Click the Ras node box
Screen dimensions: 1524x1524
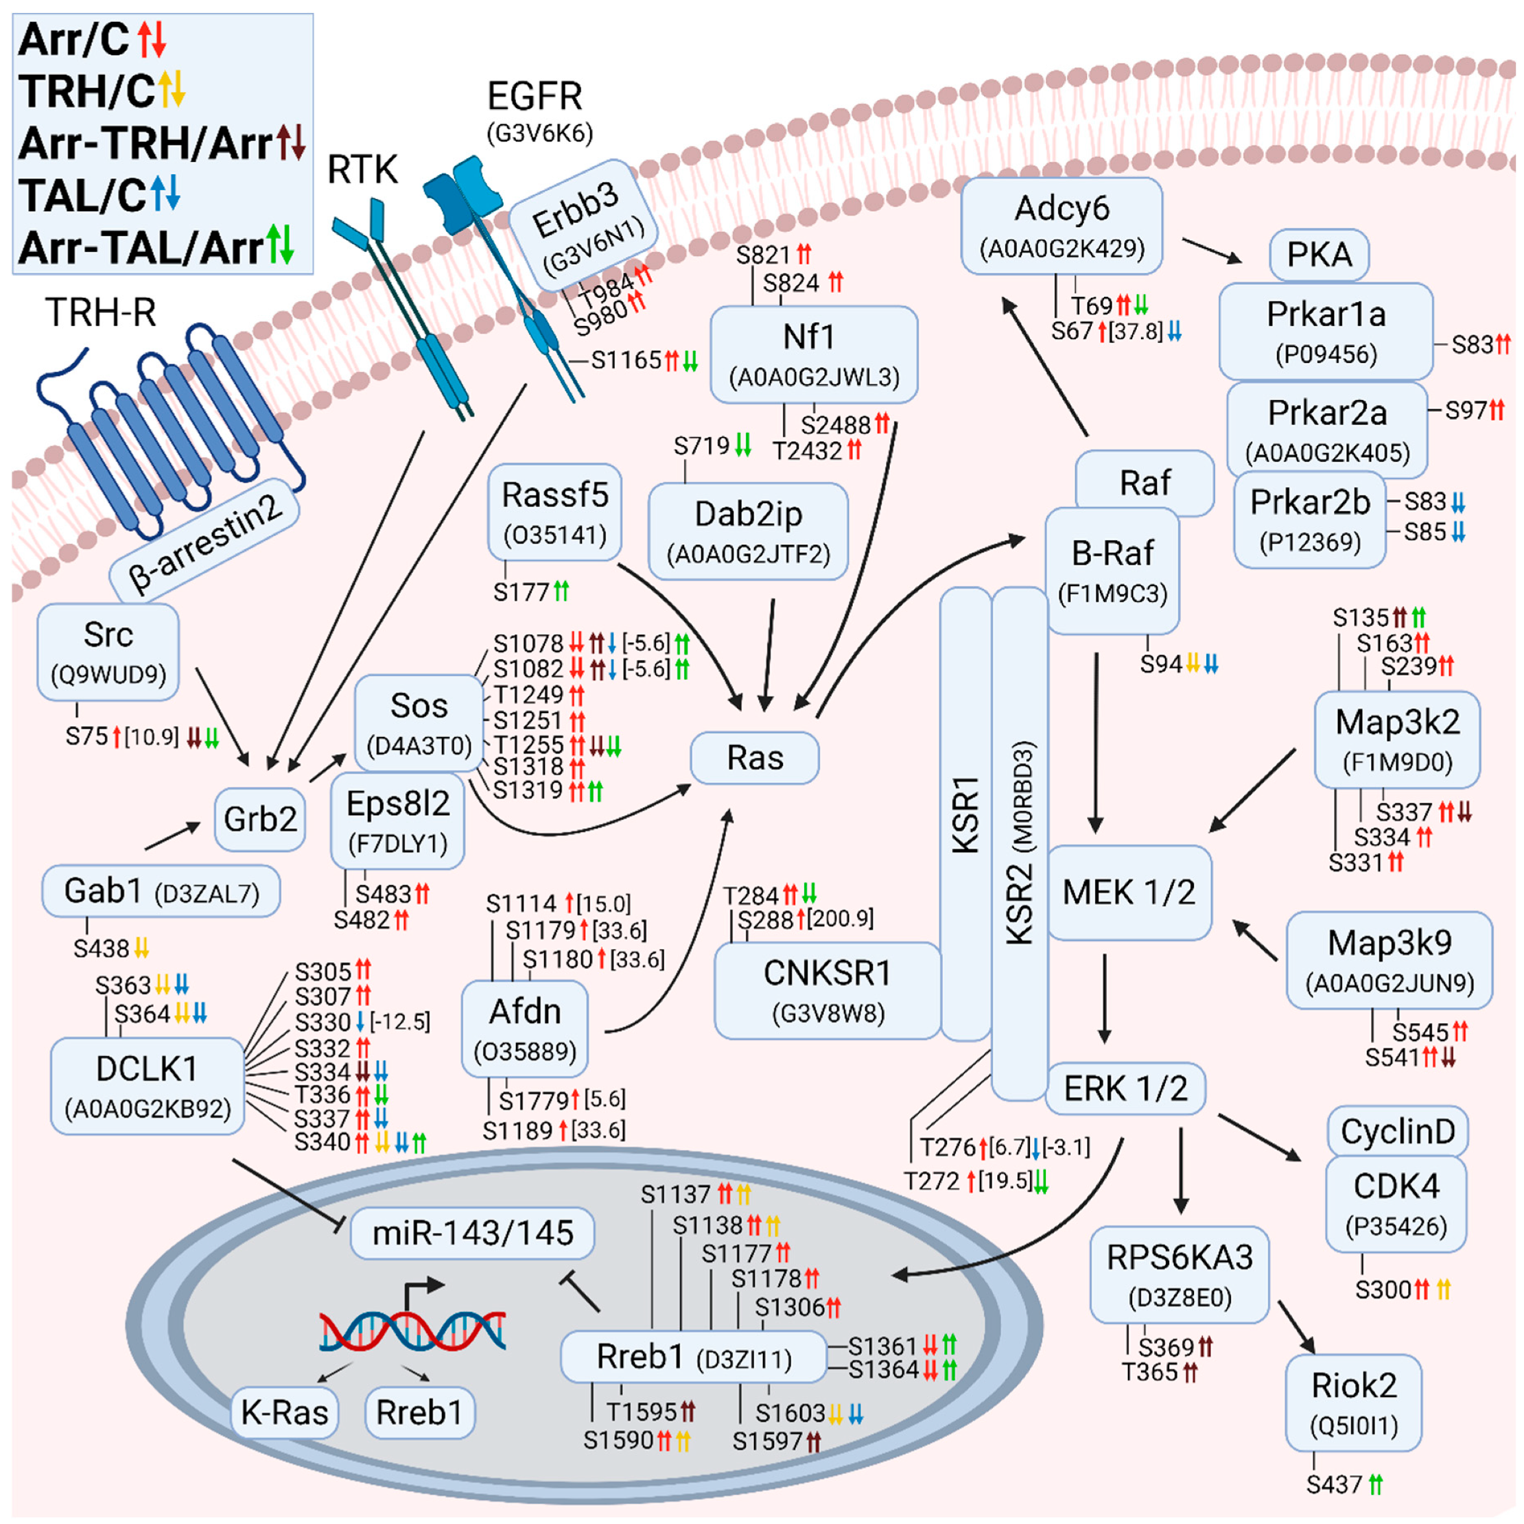[754, 758]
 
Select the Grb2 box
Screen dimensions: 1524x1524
[259, 819]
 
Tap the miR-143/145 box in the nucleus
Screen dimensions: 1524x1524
[471, 1233]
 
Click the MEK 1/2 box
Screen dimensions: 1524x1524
[1129, 892]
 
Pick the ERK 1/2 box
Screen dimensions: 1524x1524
[1125, 1088]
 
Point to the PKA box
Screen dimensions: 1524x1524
[1319, 255]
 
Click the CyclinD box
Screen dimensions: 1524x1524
[1398, 1132]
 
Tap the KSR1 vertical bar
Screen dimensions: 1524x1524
[965, 812]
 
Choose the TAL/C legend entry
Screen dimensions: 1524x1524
[99, 195]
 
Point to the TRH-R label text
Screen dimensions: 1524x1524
[100, 312]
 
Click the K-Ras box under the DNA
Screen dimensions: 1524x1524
[285, 1412]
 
